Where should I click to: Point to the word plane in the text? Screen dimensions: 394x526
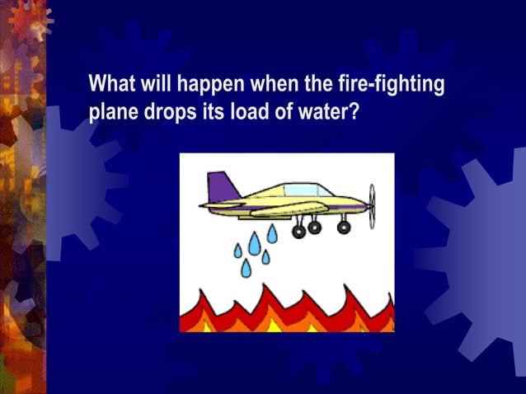(112, 112)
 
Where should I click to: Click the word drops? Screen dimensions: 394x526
(170, 112)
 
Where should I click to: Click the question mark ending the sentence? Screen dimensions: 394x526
(355, 110)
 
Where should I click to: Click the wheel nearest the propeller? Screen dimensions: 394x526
(344, 227)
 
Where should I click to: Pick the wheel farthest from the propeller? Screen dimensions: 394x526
(298, 232)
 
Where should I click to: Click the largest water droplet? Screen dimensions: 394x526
(255, 242)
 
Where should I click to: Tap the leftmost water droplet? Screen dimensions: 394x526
(238, 250)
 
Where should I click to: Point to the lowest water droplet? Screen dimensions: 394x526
(246, 268)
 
